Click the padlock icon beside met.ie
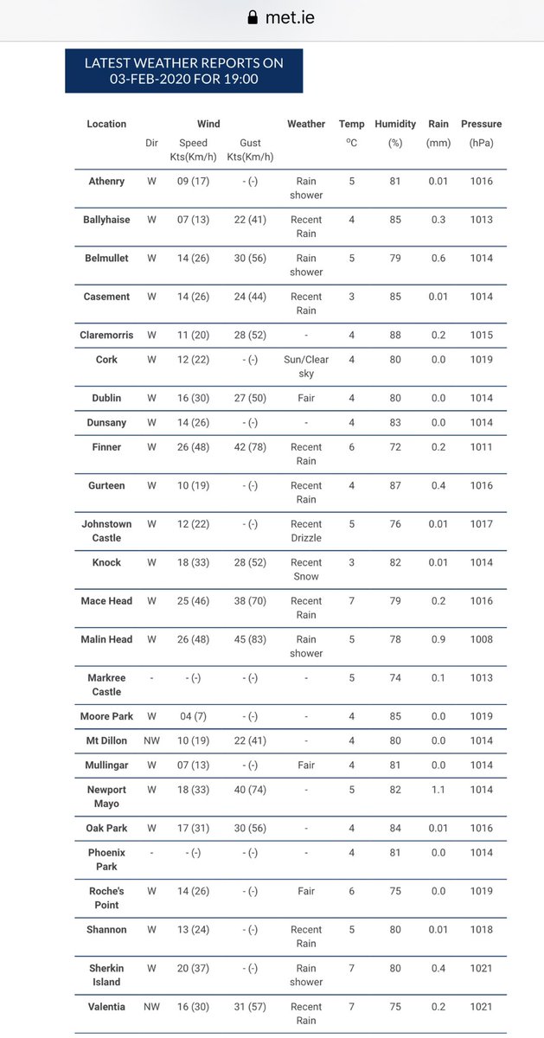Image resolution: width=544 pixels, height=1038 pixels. click(253, 17)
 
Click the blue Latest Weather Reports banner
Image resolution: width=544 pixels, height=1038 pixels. click(183, 71)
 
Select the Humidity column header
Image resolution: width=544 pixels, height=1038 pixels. click(395, 125)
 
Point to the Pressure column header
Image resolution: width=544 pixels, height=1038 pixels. click(481, 125)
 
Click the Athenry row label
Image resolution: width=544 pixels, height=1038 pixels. click(106, 182)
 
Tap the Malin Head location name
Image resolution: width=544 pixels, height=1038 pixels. click(106, 639)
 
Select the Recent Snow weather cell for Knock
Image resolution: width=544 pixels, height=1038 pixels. click(306, 569)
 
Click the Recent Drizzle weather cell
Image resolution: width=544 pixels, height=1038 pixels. click(306, 531)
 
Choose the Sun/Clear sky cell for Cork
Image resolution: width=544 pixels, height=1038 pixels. click(306, 367)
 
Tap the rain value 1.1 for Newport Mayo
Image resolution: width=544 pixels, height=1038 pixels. click(438, 790)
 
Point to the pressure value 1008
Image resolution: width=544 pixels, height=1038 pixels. click(481, 639)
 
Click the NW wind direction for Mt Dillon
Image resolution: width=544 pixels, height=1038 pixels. click(151, 740)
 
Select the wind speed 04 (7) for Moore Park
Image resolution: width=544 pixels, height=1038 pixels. click(193, 716)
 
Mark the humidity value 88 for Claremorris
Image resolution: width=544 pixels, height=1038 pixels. click(395, 335)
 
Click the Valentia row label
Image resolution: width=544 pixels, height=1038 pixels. click(106, 1007)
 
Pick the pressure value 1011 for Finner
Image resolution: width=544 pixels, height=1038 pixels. click(481, 447)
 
